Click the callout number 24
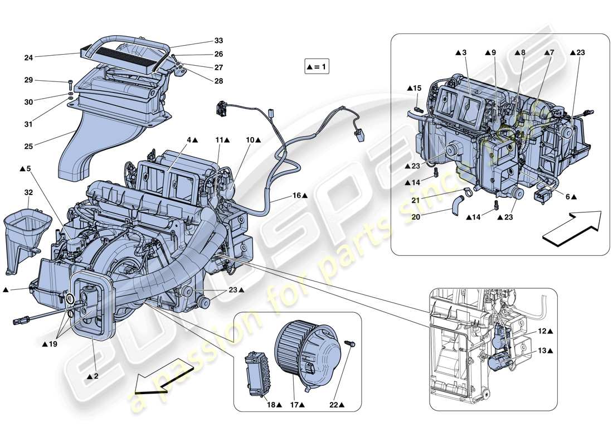(28, 57)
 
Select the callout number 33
(218, 41)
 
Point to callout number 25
(28, 146)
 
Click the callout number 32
(28, 192)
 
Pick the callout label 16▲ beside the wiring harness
(300, 196)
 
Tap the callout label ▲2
(93, 377)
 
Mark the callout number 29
(28, 81)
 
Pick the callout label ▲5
(26, 168)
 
